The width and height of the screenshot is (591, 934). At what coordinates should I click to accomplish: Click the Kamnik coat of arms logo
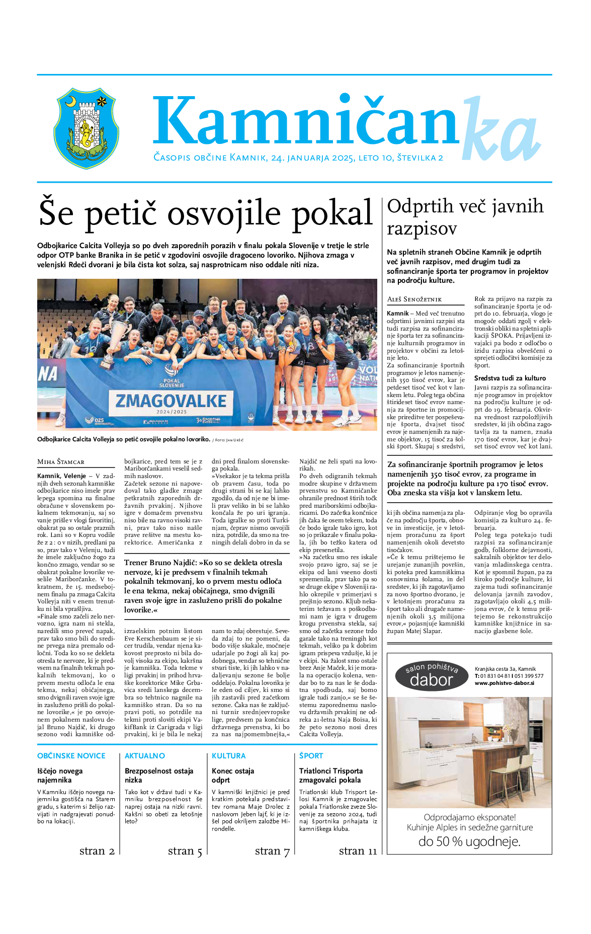(x=86, y=128)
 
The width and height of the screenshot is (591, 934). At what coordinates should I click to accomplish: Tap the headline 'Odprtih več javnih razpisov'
(x=465, y=217)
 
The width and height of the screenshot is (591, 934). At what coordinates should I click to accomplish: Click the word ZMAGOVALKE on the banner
(x=171, y=401)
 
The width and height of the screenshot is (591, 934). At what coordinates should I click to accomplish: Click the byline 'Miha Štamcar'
(x=61, y=461)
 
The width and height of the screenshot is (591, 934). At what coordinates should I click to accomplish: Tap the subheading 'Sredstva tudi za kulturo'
(x=510, y=378)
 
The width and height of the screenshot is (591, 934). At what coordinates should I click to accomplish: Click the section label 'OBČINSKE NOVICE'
(x=71, y=756)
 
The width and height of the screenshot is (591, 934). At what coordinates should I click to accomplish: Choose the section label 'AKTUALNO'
(x=145, y=756)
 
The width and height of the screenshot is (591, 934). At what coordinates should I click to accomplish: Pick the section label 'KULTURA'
(x=229, y=756)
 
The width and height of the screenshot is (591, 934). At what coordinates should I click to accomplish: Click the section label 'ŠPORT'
(x=311, y=756)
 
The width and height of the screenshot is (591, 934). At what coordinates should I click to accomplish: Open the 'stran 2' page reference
(x=97, y=850)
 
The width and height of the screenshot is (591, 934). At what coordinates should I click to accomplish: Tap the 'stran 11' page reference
(x=358, y=850)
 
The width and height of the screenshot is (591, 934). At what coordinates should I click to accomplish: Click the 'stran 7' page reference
(x=272, y=850)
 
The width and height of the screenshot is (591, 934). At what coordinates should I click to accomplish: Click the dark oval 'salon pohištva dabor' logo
(x=432, y=676)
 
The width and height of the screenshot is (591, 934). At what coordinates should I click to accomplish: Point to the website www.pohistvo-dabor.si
(x=504, y=683)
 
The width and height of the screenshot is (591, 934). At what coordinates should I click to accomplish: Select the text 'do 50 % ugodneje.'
(x=469, y=841)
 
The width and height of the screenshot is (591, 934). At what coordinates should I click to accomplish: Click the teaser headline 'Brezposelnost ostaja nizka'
(x=159, y=775)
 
